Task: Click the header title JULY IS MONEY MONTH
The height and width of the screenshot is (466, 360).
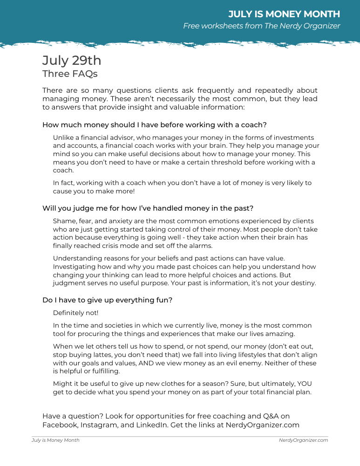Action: tap(284, 14)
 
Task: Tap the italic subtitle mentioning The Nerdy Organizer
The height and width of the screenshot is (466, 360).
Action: tap(261, 26)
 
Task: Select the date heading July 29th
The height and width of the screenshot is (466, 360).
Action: tap(72, 61)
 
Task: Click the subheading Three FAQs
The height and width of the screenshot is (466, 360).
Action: tap(70, 74)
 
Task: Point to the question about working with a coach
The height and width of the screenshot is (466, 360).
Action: tap(154, 125)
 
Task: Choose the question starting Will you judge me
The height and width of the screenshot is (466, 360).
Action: tap(148, 208)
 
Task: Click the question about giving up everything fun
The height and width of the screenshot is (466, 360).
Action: tap(108, 300)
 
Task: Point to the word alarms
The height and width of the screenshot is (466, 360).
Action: tap(199, 246)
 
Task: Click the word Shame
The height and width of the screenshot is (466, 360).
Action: tap(63, 221)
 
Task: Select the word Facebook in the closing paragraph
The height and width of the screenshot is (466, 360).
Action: tap(60, 425)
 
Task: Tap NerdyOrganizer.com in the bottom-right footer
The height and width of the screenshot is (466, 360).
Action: tap(303, 440)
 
